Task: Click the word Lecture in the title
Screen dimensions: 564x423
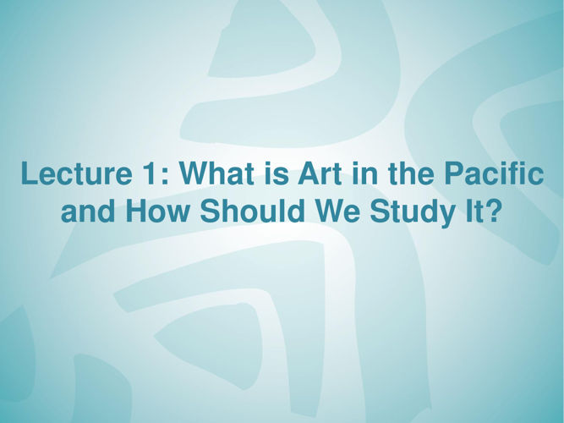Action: [76, 173]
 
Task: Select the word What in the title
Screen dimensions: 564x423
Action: [219, 173]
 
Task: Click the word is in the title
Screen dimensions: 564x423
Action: [277, 173]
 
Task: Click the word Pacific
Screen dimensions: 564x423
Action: [494, 173]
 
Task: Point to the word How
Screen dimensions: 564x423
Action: [156, 210]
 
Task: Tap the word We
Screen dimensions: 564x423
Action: [337, 210]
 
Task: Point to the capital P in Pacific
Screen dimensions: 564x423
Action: [454, 173]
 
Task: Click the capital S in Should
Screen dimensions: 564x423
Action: [210, 210]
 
